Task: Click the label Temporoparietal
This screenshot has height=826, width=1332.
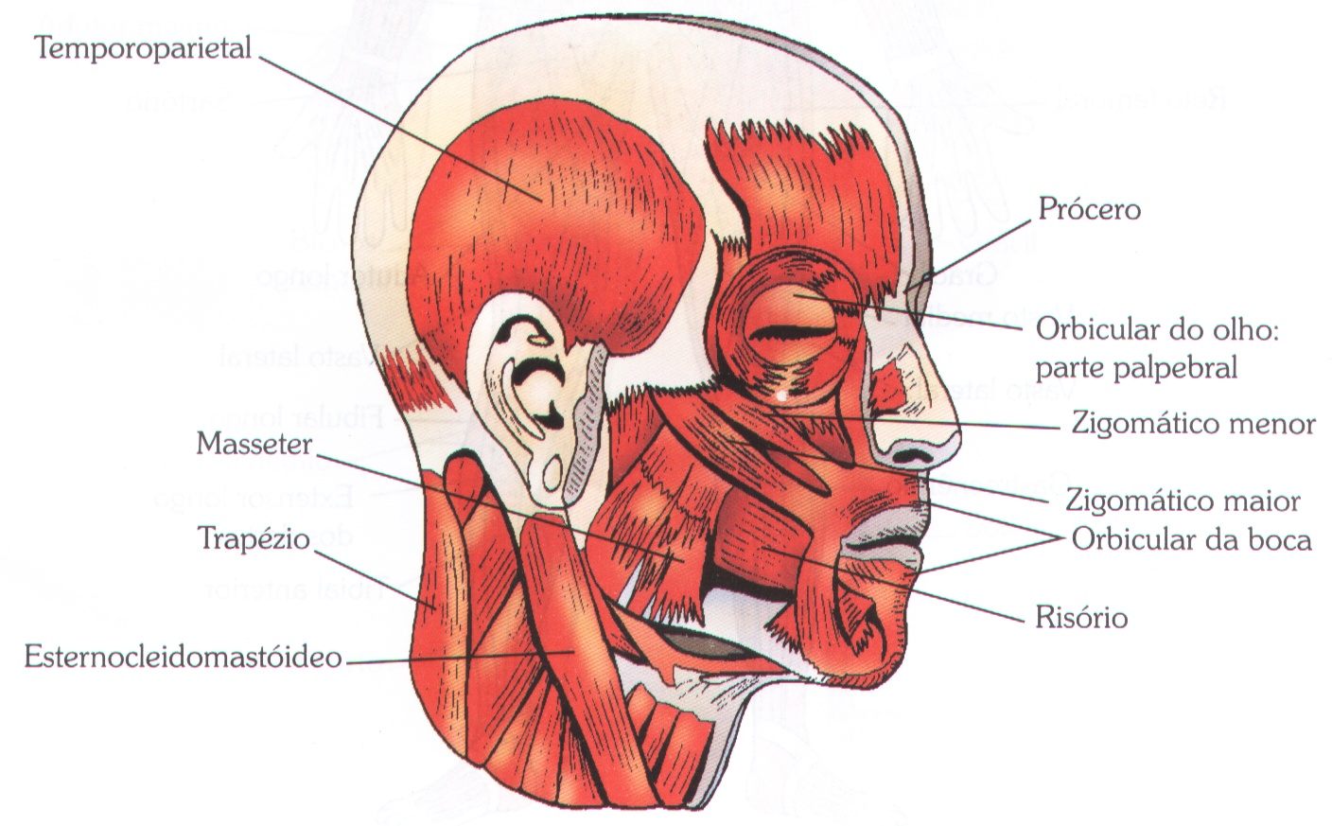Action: click(143, 46)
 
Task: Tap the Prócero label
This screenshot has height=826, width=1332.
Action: click(1089, 208)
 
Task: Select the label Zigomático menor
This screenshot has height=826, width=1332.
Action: click(1193, 423)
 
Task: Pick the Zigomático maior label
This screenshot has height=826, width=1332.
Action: click(1183, 500)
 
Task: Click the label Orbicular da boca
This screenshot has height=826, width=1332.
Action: click(1191, 539)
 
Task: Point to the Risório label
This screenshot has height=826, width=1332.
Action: click(1081, 618)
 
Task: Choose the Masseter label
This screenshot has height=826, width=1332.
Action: click(254, 443)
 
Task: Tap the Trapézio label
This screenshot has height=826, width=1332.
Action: click(254, 538)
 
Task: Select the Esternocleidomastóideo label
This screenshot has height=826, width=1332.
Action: click(183, 656)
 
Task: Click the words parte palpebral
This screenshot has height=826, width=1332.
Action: click(1136, 367)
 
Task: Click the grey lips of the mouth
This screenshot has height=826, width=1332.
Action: click(885, 544)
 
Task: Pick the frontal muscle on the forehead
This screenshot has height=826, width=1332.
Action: click(804, 199)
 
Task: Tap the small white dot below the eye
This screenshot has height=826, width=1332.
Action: click(781, 395)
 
